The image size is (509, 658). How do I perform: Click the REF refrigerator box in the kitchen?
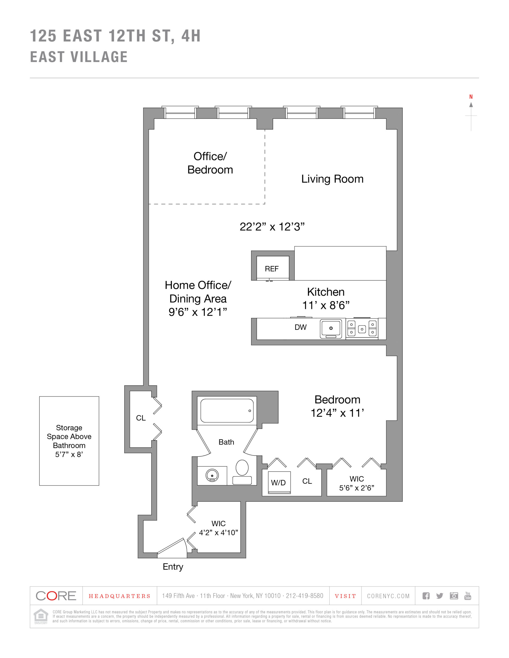(x=273, y=268)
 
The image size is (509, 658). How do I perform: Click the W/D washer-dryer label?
(x=278, y=483)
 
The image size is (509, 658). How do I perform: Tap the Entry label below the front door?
(x=173, y=567)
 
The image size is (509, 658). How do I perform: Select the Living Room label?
(x=332, y=179)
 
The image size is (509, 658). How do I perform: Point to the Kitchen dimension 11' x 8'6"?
(x=326, y=305)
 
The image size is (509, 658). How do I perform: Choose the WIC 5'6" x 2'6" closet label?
(x=357, y=483)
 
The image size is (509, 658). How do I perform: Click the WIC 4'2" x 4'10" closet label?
(x=218, y=528)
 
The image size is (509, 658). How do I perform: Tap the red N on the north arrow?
(x=471, y=97)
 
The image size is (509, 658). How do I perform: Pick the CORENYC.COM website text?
(x=388, y=596)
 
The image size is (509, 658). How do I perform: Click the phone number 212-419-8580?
(x=304, y=596)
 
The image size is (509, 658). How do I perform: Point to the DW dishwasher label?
(x=301, y=327)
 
